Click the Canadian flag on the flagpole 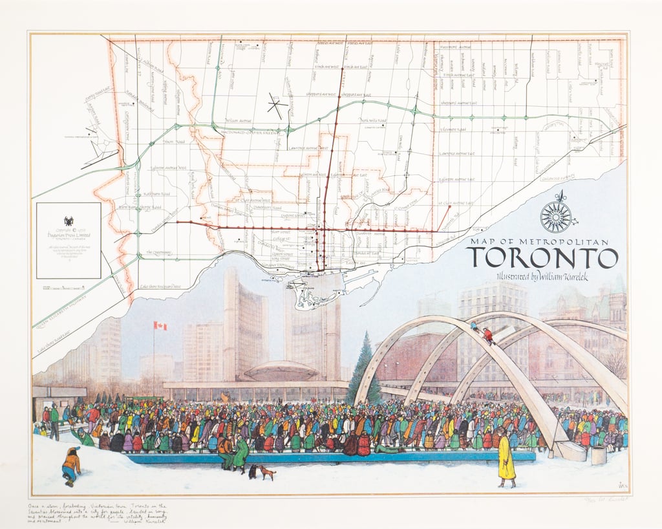point(160,326)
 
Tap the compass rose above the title point(556,216)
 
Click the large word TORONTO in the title point(542,257)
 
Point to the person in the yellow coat point(506,459)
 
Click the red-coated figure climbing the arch point(488,335)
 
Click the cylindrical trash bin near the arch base point(599,455)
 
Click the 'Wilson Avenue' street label point(241,120)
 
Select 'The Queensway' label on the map point(158,253)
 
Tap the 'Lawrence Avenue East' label point(457,154)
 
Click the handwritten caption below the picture point(97,513)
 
